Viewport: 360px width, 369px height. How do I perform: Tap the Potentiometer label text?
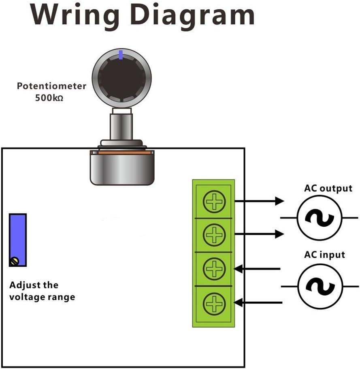point(51,86)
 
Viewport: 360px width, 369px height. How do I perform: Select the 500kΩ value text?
point(49,98)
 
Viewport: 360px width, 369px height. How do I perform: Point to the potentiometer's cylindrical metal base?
point(122,168)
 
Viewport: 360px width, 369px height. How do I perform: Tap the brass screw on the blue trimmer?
point(14,262)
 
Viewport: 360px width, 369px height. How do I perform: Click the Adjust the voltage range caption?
point(42,291)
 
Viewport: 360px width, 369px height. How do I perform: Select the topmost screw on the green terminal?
point(213,202)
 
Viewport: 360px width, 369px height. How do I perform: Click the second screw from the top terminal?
point(213,235)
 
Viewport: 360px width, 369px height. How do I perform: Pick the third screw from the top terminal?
point(213,268)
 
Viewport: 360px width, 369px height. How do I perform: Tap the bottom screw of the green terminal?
point(213,302)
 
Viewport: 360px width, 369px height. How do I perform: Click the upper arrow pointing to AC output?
point(259,200)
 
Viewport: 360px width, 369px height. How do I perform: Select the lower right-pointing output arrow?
point(259,234)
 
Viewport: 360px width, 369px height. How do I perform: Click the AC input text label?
point(324,255)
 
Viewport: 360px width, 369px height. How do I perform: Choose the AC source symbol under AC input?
point(320,286)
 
